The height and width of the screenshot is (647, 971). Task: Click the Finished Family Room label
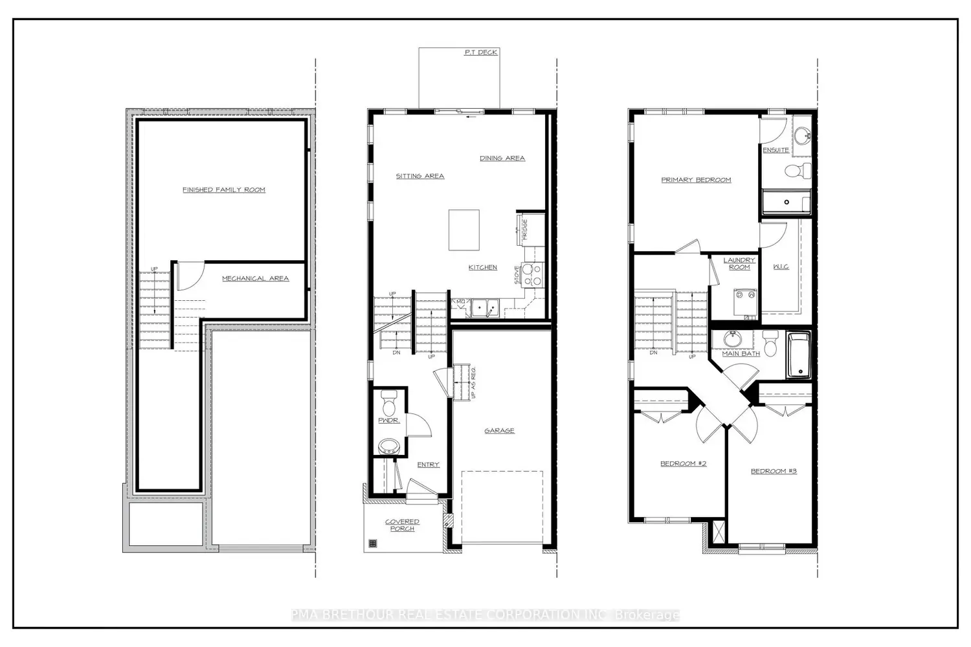coord(223,190)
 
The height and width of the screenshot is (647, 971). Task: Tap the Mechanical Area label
coord(255,278)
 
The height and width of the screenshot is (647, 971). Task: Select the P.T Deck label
coord(480,52)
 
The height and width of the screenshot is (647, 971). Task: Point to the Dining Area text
coord(502,158)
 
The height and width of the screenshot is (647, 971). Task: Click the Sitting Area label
coord(420,176)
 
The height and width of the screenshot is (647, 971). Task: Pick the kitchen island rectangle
coord(464,230)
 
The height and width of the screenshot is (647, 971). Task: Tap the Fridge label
coord(525,230)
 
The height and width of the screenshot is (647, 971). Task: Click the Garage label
coord(499,430)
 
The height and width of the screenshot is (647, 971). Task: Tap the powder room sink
coord(389,445)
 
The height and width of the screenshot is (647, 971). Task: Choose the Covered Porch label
coord(402,525)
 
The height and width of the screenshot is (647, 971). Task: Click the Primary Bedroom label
coord(696,180)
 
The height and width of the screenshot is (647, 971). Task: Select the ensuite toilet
coord(798,171)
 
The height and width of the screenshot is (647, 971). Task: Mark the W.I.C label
coord(781,267)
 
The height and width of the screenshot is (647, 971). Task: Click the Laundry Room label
coord(739,263)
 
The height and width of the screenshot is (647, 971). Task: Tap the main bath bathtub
coord(798,355)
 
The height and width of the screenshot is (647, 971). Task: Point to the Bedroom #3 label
coord(774,471)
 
